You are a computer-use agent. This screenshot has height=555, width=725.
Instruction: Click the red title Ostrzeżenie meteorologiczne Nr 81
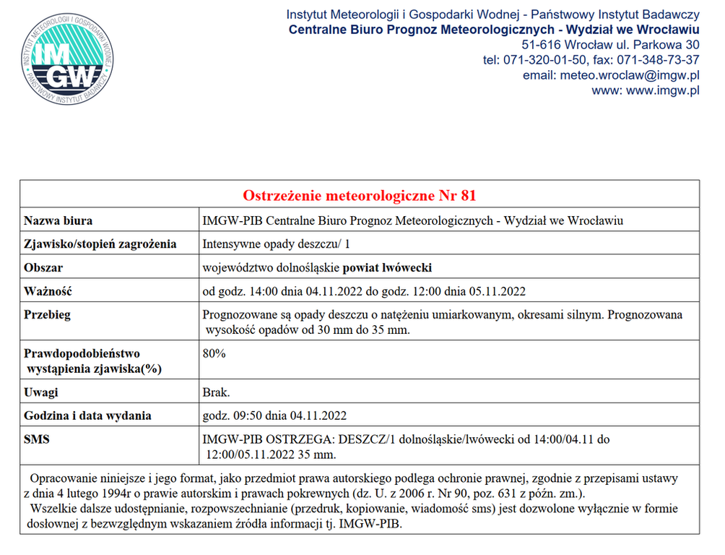click(x=359, y=197)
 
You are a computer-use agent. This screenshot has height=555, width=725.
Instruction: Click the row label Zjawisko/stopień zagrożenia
click(x=100, y=244)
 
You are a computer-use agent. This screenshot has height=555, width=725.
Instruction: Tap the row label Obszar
click(x=43, y=268)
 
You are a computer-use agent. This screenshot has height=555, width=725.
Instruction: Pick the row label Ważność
click(x=48, y=292)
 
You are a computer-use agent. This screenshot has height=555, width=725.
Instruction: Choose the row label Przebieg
click(x=47, y=316)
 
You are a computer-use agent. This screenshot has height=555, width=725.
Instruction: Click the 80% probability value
click(x=214, y=354)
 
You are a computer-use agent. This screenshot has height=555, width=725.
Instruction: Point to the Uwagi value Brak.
click(x=217, y=392)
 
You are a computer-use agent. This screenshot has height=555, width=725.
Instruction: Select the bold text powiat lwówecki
click(x=387, y=268)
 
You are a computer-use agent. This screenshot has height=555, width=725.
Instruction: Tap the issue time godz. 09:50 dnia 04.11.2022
click(x=275, y=416)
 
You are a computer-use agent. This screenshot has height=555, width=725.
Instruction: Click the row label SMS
click(x=37, y=439)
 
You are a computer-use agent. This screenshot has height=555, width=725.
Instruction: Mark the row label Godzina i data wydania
click(x=87, y=416)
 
